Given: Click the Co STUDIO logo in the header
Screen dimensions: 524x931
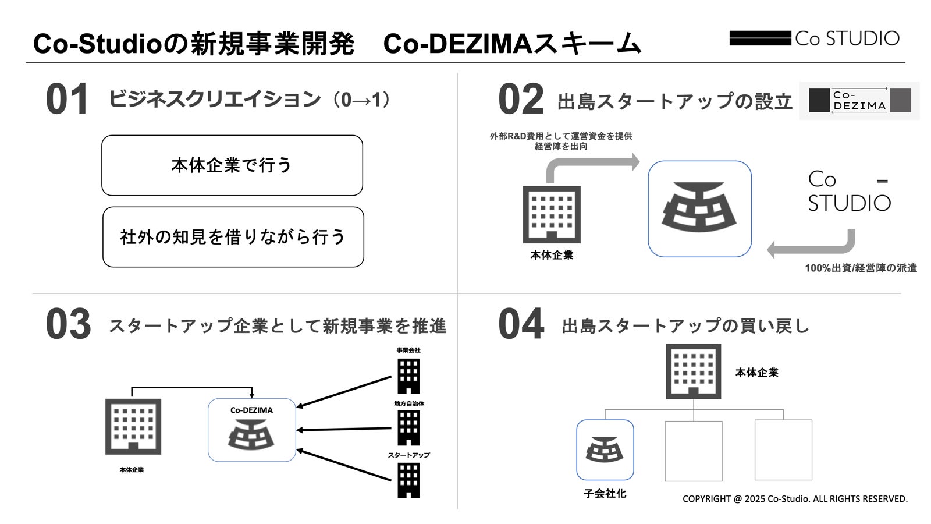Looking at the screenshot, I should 814,38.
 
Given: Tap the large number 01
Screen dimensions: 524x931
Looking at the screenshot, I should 67,100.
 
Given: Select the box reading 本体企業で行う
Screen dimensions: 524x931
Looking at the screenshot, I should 232,165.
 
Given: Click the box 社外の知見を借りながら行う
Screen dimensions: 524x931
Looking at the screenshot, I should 233,237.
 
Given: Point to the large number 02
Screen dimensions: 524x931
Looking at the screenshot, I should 520,100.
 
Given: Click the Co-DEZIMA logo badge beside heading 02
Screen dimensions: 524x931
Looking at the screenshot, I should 859,101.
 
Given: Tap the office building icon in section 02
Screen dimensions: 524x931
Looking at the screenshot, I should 552,214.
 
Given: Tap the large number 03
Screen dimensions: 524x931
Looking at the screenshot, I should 68,325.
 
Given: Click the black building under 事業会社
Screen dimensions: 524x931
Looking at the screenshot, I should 408,376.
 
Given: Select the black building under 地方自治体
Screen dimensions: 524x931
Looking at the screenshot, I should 408,428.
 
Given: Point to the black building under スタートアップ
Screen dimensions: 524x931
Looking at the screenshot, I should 408,480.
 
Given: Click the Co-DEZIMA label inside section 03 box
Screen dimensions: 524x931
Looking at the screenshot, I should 251,410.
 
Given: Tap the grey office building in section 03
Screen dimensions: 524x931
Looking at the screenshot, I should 133,427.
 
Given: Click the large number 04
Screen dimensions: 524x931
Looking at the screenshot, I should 521,325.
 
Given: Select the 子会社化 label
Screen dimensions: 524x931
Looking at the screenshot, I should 605,494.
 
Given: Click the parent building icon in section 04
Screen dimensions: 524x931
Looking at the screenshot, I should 693,371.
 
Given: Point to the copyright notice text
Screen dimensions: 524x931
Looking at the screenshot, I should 795,499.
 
